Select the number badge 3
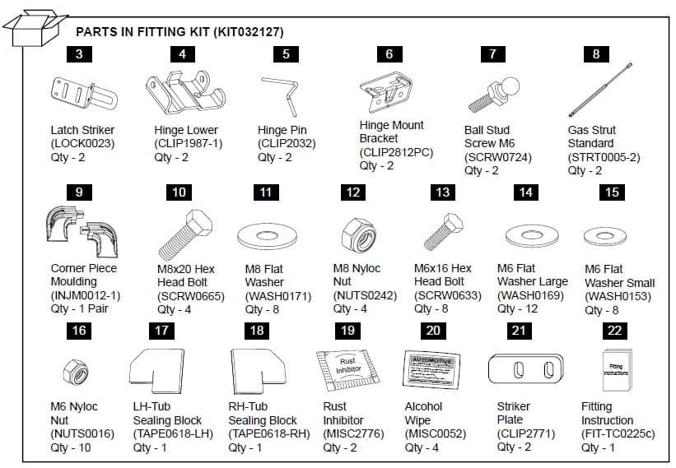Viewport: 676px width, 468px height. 78,55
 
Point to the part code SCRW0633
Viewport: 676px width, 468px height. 447,295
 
